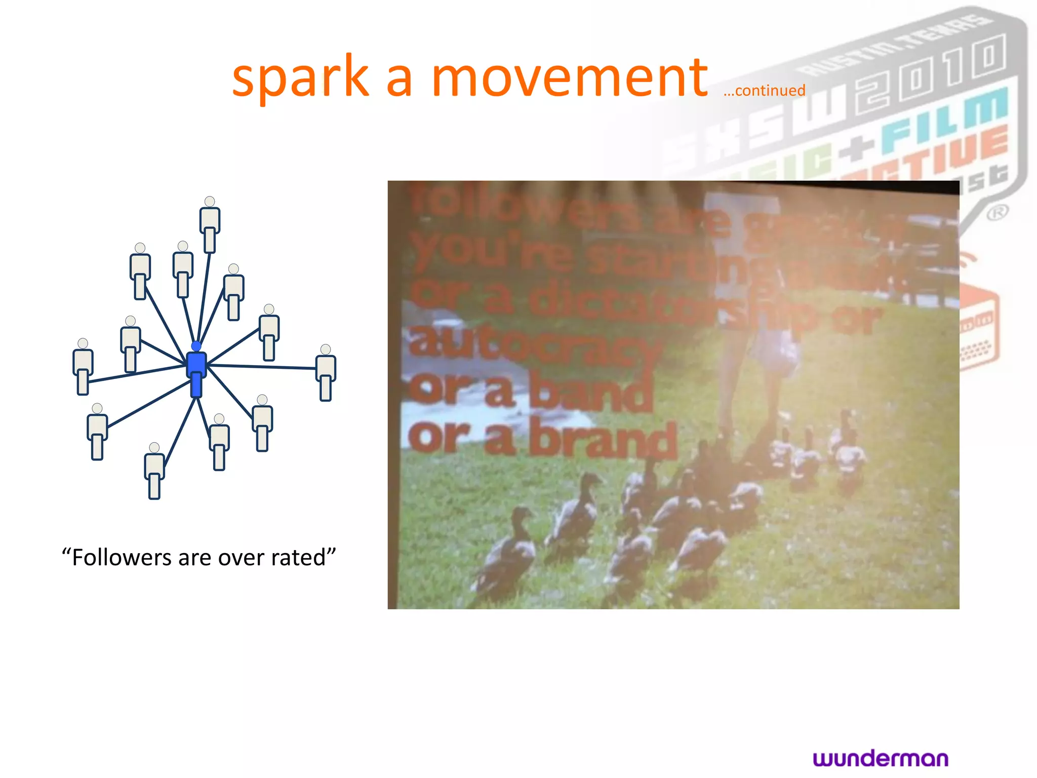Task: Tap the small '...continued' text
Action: (764, 91)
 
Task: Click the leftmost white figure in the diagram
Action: (83, 366)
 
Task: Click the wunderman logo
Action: (881, 758)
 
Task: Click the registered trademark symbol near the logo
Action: (997, 212)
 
